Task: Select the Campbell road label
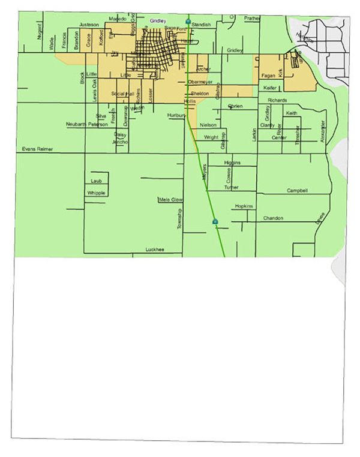tap(297, 191)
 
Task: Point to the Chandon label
tap(273, 218)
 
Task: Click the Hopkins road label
tap(244, 206)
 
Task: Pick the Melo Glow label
tap(170, 200)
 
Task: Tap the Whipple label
tap(96, 193)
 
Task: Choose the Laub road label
tap(97, 181)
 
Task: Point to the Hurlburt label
tap(177, 115)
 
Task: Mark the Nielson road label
tap(208, 125)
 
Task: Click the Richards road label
tap(277, 100)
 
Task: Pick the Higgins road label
tap(232, 163)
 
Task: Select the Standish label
tap(202, 25)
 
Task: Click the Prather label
tap(252, 19)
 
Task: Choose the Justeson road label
tap(88, 25)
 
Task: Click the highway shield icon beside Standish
tap(188, 22)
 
